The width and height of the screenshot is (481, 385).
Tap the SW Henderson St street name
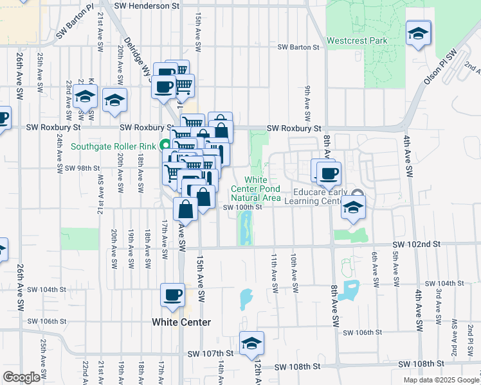(x=147, y=5)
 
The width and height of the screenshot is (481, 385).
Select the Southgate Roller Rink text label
(x=113, y=146)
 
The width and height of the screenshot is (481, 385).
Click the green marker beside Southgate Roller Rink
(x=165, y=146)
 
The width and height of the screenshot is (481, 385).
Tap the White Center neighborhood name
(x=181, y=321)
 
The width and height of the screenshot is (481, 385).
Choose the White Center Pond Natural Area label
(x=256, y=189)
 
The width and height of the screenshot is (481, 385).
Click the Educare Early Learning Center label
(x=320, y=196)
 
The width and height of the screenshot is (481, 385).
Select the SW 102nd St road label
(x=417, y=244)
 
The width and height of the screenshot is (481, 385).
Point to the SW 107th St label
(x=210, y=354)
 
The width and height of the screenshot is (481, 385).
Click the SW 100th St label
(x=242, y=207)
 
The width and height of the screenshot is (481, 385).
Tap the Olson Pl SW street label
(x=439, y=67)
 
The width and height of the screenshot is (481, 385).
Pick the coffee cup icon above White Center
(x=172, y=295)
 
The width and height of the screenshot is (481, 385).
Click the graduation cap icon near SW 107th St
(x=251, y=343)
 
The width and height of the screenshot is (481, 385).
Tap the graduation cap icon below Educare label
(x=352, y=207)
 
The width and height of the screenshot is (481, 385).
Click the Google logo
(x=21, y=377)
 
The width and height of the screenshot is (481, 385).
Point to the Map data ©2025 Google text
(x=440, y=380)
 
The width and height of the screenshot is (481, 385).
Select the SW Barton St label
(x=298, y=47)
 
